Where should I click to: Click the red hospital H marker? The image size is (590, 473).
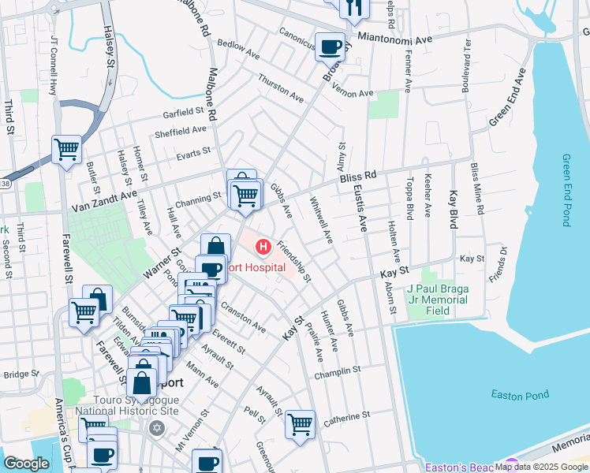[x=263, y=248]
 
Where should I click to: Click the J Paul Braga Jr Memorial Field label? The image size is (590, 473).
[x=438, y=300]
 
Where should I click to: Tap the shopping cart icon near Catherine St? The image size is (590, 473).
[x=300, y=425]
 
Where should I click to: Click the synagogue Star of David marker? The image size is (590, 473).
[x=156, y=428]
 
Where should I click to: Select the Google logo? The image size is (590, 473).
[x=26, y=464]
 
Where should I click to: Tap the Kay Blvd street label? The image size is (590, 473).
[x=454, y=208]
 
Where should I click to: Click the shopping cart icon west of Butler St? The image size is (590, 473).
[x=66, y=148]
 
